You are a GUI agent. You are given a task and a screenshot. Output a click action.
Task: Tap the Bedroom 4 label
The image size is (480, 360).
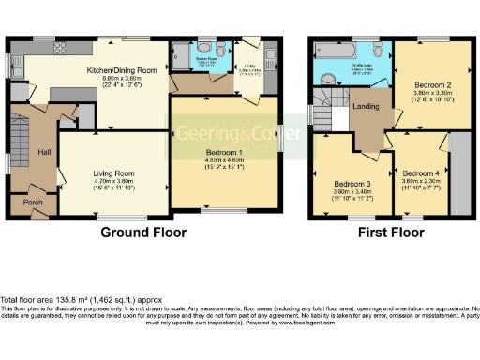click(x=419, y=173)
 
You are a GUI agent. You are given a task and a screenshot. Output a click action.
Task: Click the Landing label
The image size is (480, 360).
click(x=365, y=106)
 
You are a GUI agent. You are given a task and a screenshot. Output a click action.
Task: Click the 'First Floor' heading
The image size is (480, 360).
click(x=388, y=232)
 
